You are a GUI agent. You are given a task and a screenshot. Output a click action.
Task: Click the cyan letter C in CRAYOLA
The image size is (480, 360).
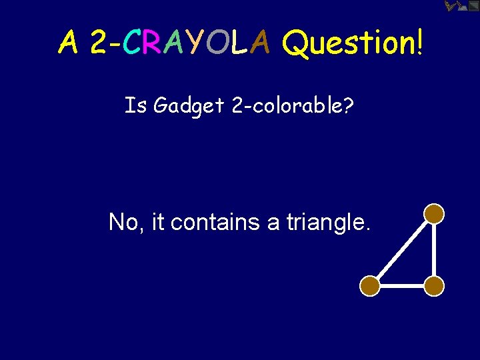tap(133, 43)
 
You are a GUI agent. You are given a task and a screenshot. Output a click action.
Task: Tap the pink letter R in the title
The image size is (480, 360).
tap(153, 43)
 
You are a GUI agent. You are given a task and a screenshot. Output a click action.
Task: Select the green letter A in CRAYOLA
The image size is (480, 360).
tap(174, 43)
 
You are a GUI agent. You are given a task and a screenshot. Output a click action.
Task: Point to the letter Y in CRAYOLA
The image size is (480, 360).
tap(195, 43)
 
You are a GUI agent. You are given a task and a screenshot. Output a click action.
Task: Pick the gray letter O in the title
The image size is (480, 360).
tap(216, 43)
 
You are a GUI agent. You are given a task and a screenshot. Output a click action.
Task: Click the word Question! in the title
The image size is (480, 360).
tap(353, 45)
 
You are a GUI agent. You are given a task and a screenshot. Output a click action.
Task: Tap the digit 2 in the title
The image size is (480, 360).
tap(99, 43)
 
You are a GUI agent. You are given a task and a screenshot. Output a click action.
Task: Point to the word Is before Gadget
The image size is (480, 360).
tap(135, 105)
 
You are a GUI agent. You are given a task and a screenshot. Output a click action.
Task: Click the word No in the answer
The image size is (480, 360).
tap(123, 222)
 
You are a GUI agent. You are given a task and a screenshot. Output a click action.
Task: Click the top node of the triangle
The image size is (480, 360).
tap(434, 213)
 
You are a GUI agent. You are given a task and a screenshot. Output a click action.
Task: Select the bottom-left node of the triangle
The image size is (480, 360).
tap(370, 286)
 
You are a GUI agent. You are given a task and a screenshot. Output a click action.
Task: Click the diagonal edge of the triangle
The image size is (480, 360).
tap(402, 249)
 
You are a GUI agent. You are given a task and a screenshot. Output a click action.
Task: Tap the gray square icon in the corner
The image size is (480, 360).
tap(473, 6)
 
